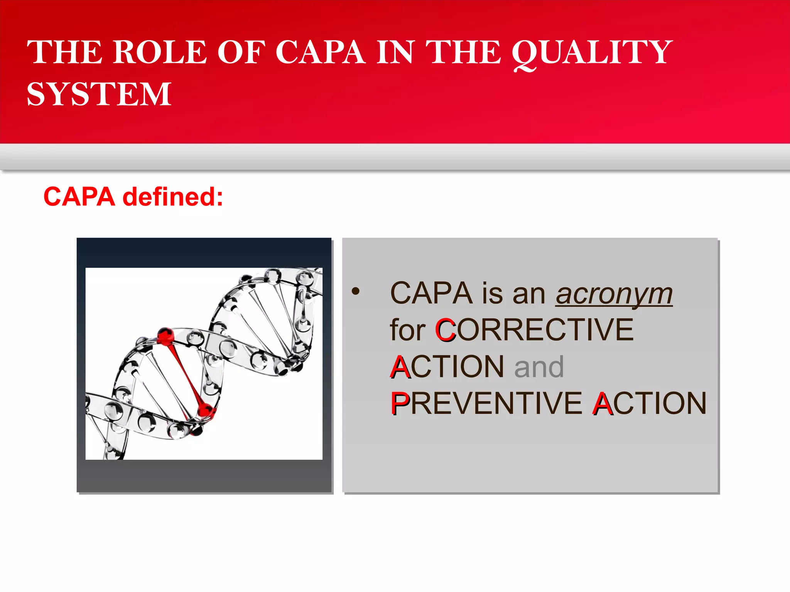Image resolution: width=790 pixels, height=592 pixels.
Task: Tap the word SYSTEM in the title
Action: (x=99, y=94)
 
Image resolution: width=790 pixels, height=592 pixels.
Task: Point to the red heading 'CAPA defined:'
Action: (x=133, y=197)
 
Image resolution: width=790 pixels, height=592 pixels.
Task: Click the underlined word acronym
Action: (x=614, y=294)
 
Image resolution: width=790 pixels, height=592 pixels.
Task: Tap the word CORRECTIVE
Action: (x=534, y=330)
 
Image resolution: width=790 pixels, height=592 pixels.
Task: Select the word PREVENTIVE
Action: (x=486, y=404)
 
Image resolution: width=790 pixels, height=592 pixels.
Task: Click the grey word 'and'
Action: (x=539, y=367)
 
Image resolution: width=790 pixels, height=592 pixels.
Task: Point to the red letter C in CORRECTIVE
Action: (x=445, y=330)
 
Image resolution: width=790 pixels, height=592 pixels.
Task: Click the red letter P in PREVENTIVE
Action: (x=399, y=404)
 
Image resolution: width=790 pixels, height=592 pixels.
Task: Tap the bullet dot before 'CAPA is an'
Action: (x=356, y=291)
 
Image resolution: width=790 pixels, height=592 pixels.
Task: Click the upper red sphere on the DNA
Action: (x=166, y=335)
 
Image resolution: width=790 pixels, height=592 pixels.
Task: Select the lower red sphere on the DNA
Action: (x=206, y=410)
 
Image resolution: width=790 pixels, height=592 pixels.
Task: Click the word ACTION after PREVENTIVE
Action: (x=650, y=404)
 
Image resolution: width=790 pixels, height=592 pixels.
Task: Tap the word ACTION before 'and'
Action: (x=447, y=367)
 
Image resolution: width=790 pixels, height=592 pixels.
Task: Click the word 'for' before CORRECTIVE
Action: (x=407, y=330)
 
